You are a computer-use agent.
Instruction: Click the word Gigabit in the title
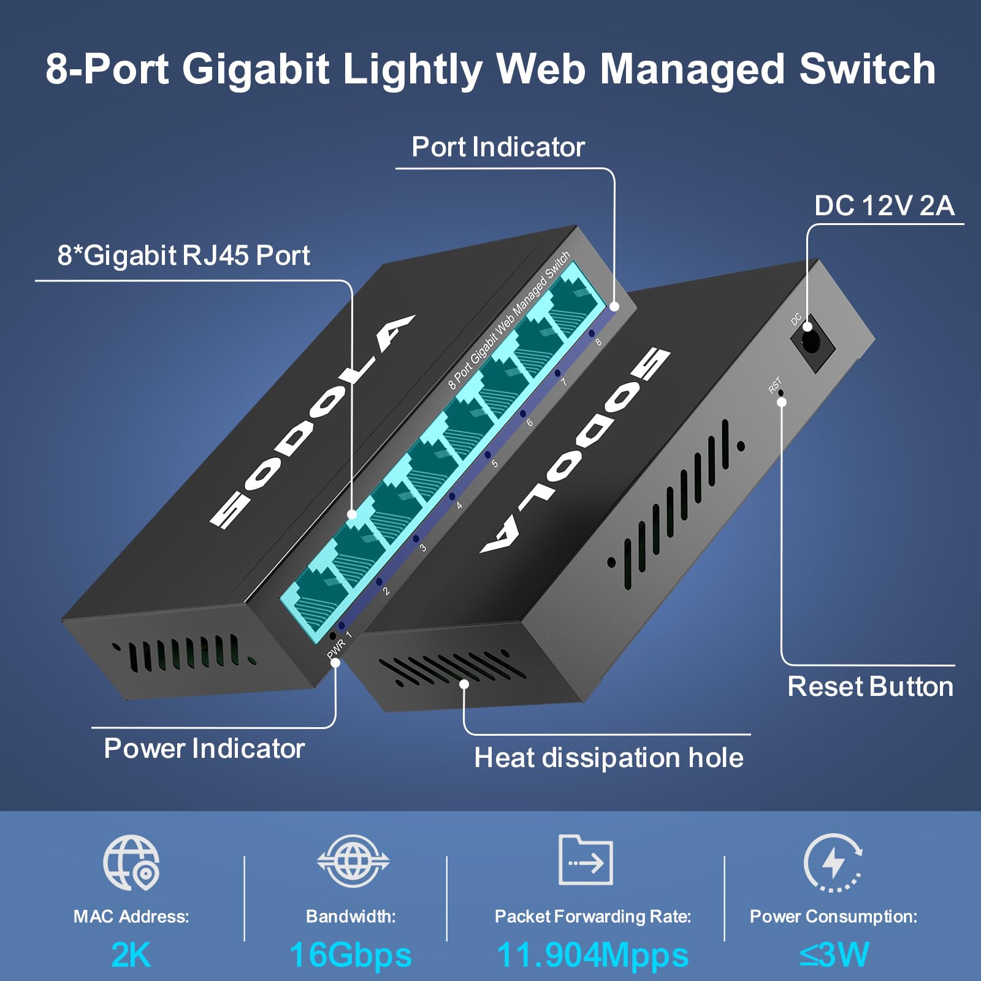tap(256, 69)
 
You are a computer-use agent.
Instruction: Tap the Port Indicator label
tap(498, 147)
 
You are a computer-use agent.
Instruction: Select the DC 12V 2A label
tap(884, 206)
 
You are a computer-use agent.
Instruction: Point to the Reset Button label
tap(870, 687)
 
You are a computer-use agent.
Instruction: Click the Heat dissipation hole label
tap(608, 758)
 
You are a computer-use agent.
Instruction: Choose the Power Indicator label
tap(204, 749)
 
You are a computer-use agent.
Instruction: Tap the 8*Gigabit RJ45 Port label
tap(183, 256)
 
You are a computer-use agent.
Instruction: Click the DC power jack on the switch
tap(811, 342)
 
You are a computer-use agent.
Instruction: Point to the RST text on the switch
tap(775, 385)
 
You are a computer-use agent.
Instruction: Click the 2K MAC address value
tap(131, 955)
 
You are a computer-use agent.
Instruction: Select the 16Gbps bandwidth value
tap(351, 955)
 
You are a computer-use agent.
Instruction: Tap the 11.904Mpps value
tap(592, 955)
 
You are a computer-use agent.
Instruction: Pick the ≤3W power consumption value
tap(834, 955)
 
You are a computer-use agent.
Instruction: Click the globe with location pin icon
tap(131, 863)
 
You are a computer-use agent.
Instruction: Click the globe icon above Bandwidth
tap(353, 861)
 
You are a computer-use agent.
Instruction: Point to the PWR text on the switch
tap(336, 649)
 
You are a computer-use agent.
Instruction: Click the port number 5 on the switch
tap(494, 464)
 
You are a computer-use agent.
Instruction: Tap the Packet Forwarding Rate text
tap(592, 917)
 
